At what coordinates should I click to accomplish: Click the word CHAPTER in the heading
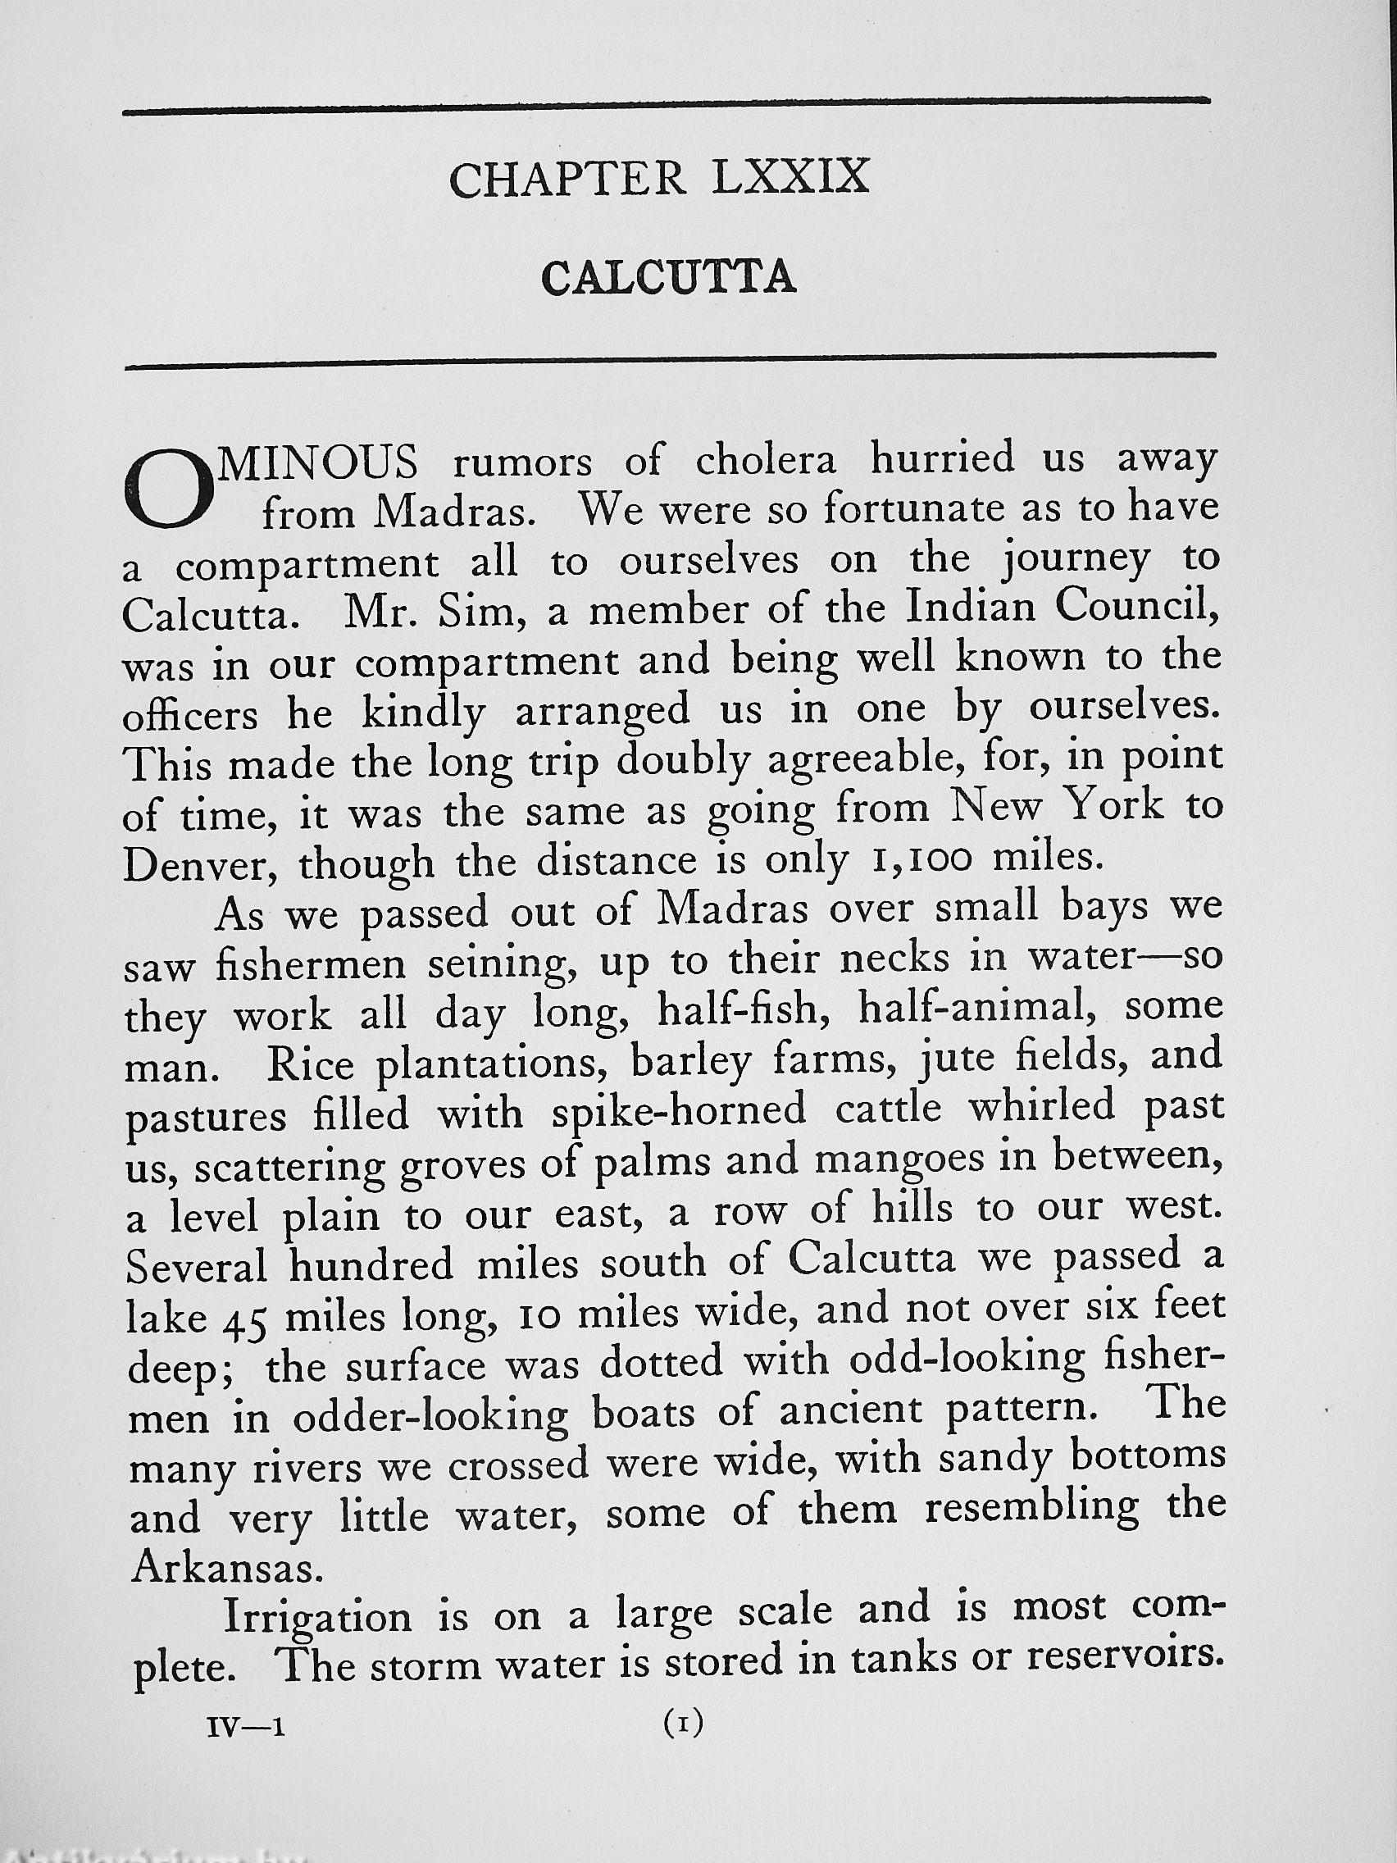pyautogui.click(x=567, y=180)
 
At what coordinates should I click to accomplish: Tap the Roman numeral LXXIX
pyautogui.click(x=788, y=178)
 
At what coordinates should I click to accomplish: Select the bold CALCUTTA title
pyautogui.click(x=669, y=278)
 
